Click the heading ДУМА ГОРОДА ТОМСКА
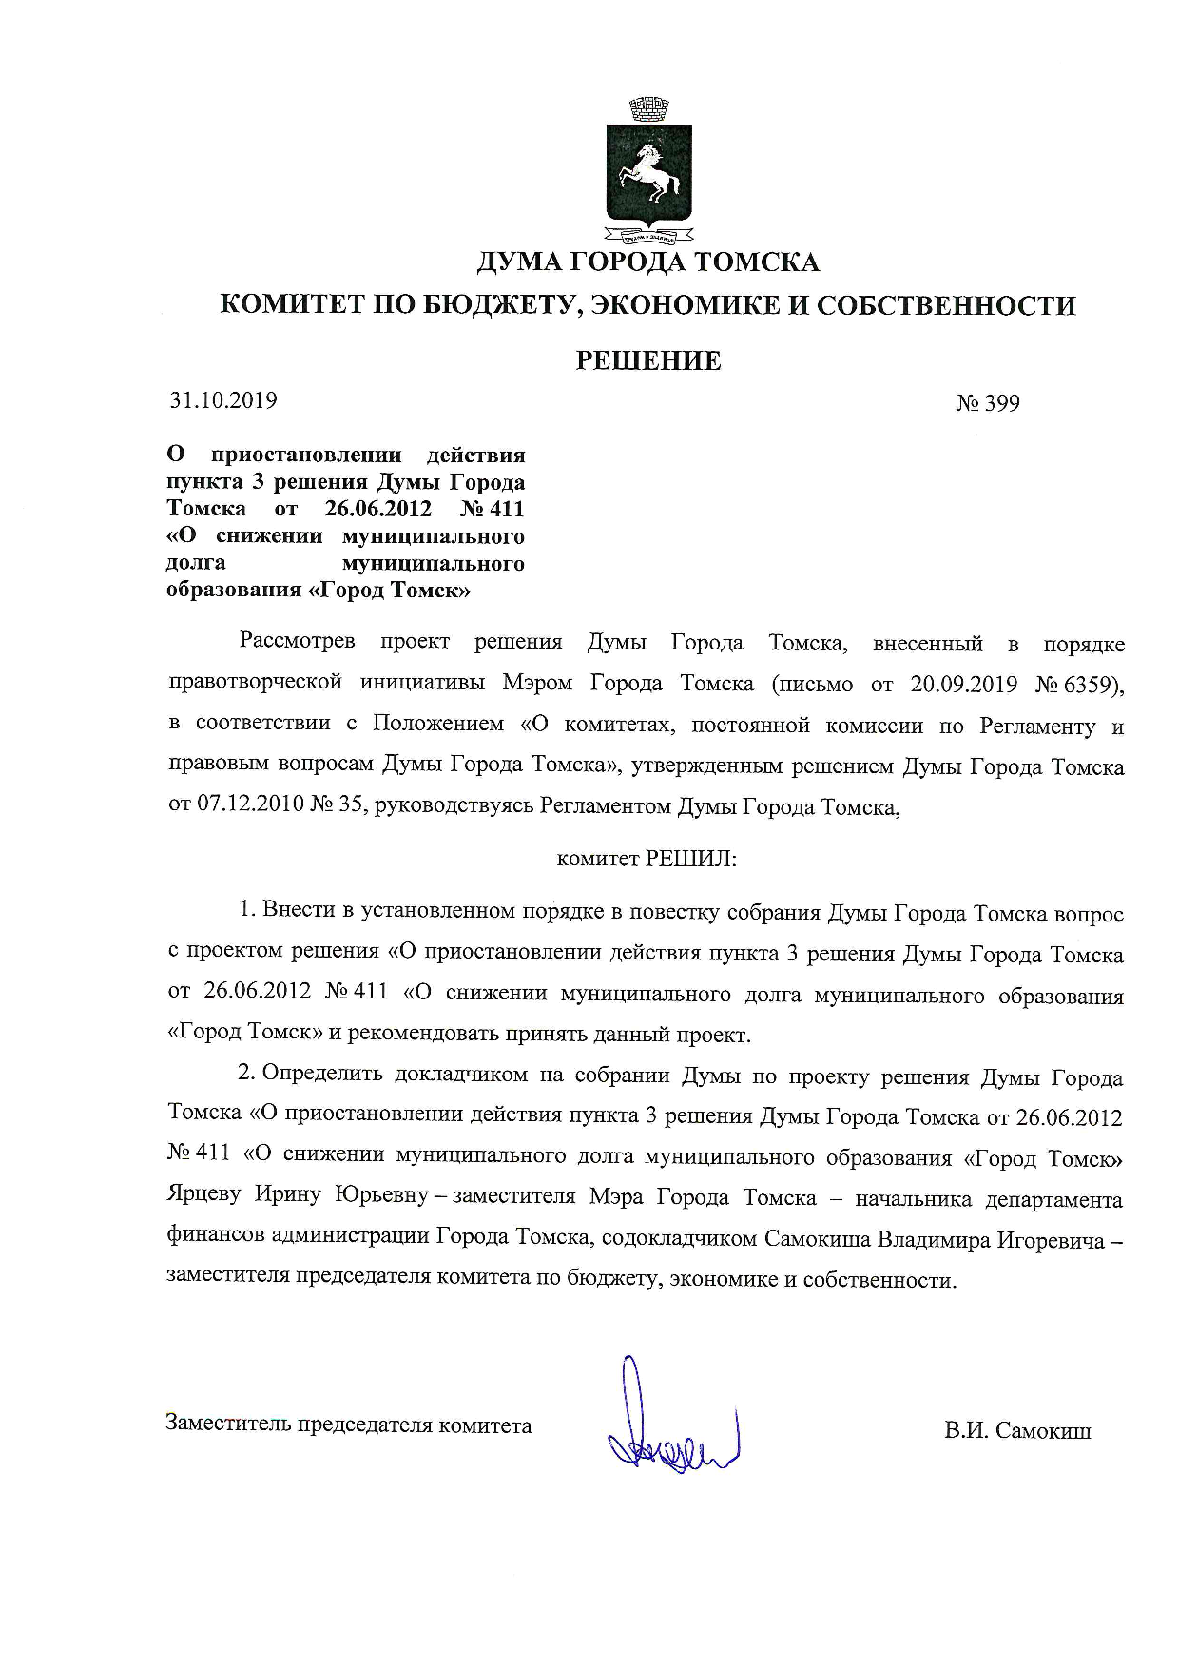tap(647, 262)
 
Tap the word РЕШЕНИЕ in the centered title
tap(649, 360)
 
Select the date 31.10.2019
tap(223, 400)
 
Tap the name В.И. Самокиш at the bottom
tap(1017, 1430)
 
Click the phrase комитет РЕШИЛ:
tap(647, 859)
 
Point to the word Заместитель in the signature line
tap(228, 1425)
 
